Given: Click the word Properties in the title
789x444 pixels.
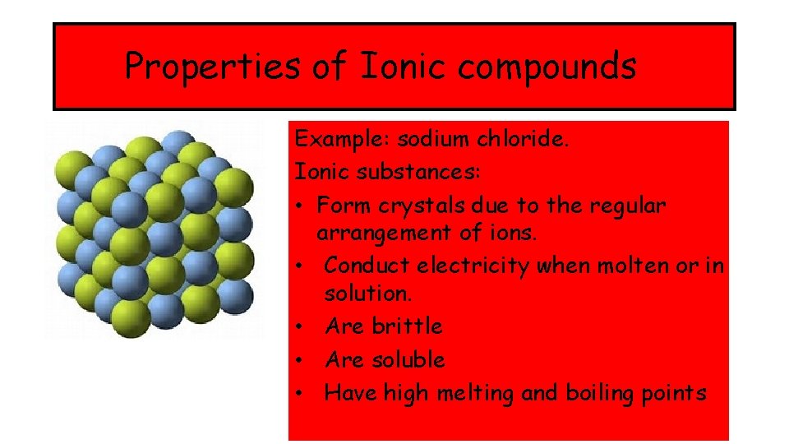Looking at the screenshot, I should [213, 67].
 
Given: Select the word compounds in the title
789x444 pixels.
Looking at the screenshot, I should [547, 67].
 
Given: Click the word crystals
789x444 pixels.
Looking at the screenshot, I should [425, 205].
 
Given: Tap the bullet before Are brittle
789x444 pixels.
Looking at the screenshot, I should [302, 327].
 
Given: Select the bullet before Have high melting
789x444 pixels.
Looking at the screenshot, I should [302, 394].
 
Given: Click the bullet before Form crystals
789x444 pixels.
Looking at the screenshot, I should [302, 206].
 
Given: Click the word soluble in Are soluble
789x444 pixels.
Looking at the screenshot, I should [408, 360].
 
